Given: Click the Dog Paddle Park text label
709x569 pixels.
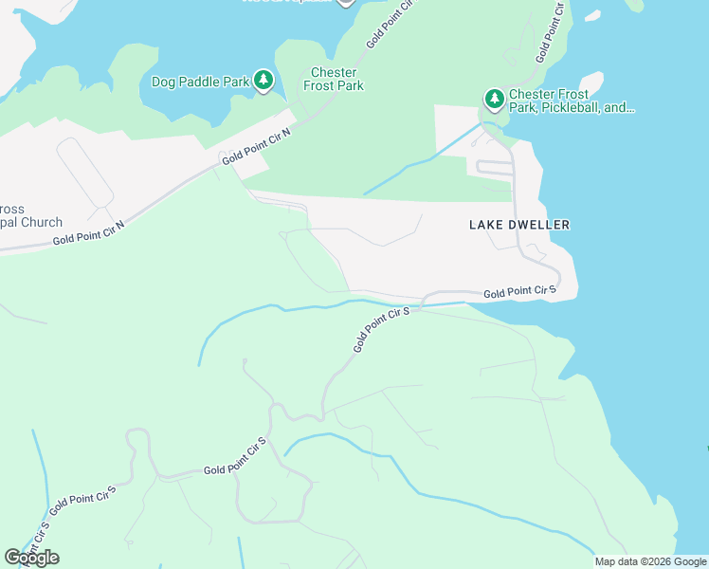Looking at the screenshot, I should (200, 82).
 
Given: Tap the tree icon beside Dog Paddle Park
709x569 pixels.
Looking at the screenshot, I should (264, 82).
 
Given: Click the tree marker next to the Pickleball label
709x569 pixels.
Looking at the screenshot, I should (494, 99).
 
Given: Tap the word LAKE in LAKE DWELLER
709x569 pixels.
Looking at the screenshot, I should (485, 225).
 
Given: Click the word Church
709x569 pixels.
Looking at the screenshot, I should (42, 223).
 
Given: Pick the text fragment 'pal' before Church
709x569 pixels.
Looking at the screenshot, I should (9, 223).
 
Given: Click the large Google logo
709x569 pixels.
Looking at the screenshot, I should (31, 558).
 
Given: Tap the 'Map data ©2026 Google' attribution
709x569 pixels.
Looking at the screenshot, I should (649, 561).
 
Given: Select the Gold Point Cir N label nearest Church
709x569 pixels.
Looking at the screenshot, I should (88, 233).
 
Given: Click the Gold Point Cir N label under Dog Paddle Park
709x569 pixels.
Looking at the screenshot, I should (256, 147).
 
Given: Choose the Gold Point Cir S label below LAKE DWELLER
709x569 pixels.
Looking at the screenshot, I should (518, 292).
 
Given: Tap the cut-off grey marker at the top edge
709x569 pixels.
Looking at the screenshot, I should (345, 2).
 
